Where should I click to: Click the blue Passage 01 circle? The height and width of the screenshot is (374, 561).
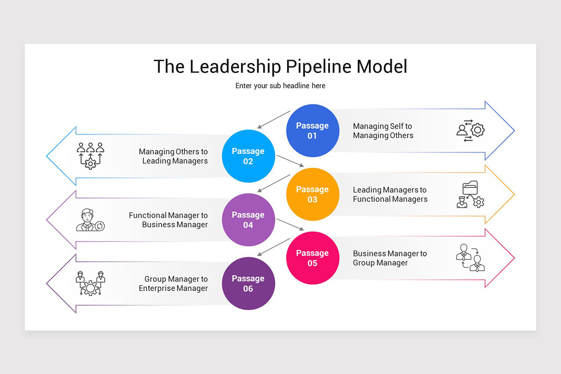point(312,130)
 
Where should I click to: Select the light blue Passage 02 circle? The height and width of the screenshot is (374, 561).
point(248,156)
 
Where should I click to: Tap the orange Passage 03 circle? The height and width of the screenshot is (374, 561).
point(312,194)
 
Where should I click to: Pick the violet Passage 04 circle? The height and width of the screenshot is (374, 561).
point(248,220)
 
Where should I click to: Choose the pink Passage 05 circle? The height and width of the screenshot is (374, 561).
point(312,258)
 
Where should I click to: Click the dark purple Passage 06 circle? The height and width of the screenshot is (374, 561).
point(248,283)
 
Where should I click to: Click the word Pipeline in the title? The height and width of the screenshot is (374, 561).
point(318,66)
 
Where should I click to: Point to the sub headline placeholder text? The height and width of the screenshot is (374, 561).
point(280,86)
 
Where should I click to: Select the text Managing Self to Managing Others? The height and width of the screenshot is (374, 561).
point(383,131)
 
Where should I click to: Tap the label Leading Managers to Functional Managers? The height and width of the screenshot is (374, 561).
point(390,194)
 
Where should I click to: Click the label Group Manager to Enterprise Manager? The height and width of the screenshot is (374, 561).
point(173,284)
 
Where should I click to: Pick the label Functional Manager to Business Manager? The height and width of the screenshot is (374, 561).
point(168,220)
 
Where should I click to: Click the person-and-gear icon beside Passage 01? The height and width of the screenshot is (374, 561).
point(470,130)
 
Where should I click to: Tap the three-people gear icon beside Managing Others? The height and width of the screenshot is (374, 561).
point(90,156)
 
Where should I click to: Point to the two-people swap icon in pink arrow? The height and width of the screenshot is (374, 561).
point(470,258)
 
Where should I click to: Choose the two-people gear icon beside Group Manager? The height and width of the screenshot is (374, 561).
point(90,283)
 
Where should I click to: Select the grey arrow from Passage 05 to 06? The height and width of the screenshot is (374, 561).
point(274,246)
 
